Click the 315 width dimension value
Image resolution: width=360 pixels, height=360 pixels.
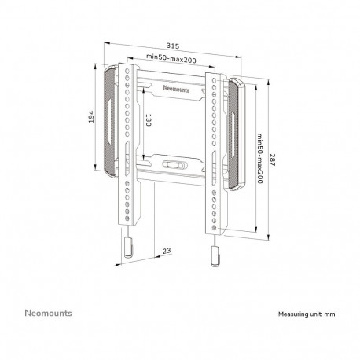173,46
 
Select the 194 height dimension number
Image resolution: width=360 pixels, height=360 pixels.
90,117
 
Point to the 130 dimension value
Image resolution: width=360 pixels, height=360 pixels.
148,120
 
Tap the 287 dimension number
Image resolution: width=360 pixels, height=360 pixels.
272,160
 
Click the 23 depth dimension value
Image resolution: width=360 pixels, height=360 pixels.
167,251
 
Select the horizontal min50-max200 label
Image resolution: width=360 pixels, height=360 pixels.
171,58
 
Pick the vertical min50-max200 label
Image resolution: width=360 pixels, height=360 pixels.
259,159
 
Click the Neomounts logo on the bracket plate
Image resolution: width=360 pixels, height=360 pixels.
176,89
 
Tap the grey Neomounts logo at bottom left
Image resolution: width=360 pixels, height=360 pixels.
48,313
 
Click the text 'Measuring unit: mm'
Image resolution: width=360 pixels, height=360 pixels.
307,314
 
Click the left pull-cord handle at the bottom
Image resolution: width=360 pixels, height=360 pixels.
128,248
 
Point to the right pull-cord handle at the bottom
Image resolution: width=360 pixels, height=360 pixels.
215,256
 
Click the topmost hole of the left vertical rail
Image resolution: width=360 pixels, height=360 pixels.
127,71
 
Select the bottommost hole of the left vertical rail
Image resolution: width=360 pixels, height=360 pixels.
127,219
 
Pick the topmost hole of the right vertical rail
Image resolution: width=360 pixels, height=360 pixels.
215,80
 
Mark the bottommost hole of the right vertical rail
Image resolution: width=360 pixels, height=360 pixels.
215,227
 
